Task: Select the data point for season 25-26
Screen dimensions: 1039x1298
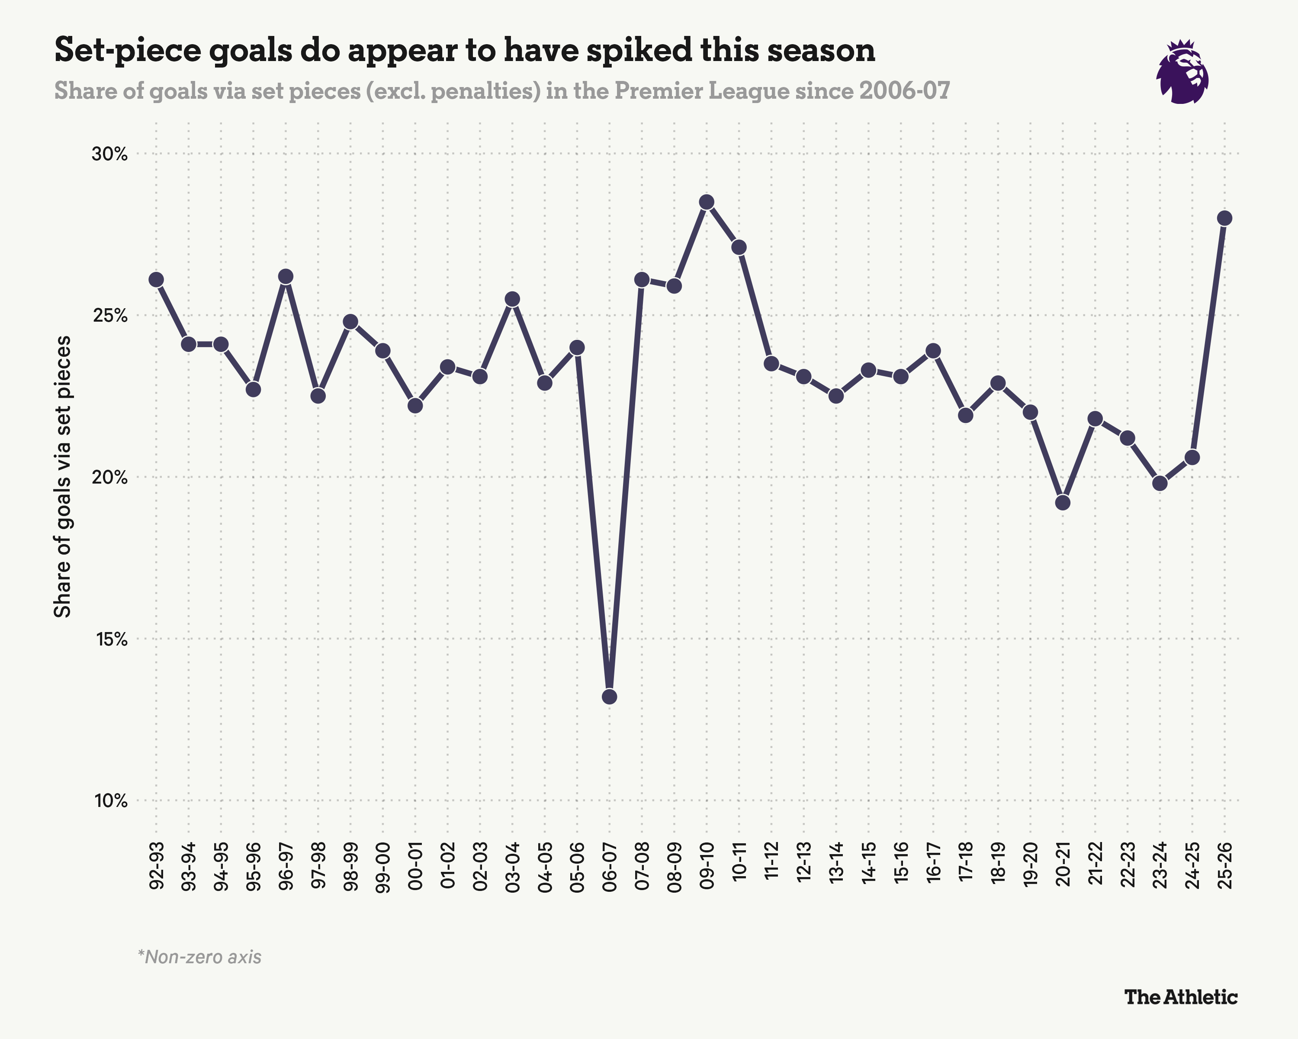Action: pyautogui.click(x=1224, y=218)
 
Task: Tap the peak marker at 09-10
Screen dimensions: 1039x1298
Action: pyautogui.click(x=707, y=202)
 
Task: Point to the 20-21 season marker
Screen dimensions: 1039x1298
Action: pyautogui.click(x=1063, y=502)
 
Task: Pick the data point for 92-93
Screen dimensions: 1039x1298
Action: pyautogui.click(x=156, y=280)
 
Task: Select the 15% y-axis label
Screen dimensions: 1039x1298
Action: pyautogui.click(x=111, y=639)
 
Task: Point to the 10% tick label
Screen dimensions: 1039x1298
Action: pyautogui.click(x=111, y=801)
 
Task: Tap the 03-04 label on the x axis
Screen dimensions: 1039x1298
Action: pyautogui.click(x=512, y=867)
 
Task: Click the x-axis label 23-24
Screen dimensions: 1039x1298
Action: pyautogui.click(x=1160, y=867)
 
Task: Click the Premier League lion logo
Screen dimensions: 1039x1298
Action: pyautogui.click(x=1182, y=72)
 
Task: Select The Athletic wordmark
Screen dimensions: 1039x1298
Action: pyautogui.click(x=1181, y=997)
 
